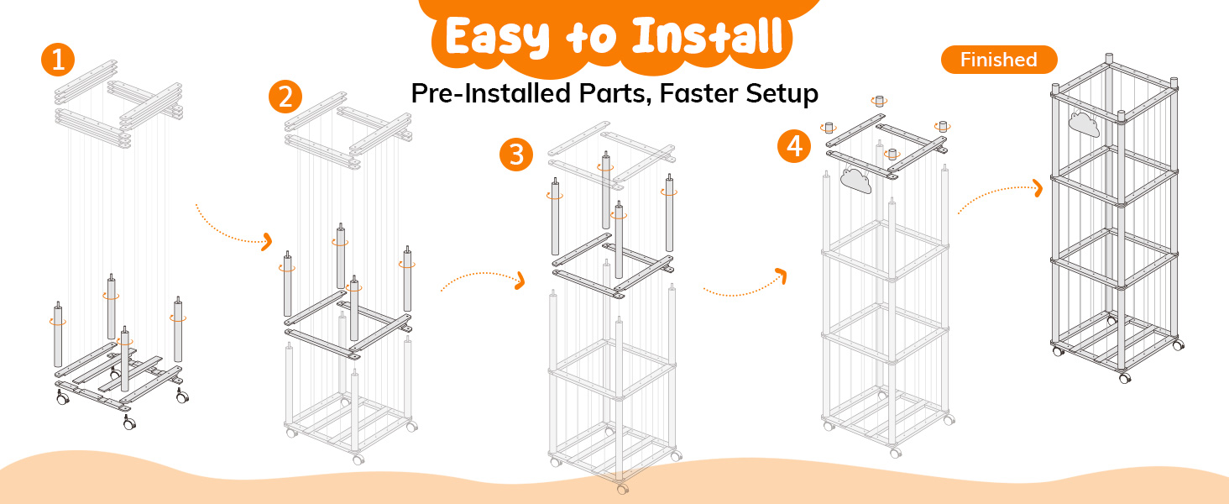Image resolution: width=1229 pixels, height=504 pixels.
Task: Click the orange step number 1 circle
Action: pos(58,60)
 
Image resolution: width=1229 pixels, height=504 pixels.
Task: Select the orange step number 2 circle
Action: pos(285,97)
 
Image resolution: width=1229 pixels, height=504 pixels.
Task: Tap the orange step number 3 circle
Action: pos(515,155)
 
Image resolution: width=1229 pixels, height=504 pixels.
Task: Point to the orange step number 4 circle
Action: pos(794,146)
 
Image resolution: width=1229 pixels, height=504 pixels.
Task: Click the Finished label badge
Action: pos(999,60)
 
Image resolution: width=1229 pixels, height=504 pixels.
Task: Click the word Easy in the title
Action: pos(497,37)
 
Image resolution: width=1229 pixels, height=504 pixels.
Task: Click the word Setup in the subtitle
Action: pos(782,94)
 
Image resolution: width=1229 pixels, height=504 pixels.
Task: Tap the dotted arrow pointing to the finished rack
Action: pos(1000,192)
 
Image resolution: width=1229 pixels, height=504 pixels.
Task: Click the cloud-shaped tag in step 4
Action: pos(855,181)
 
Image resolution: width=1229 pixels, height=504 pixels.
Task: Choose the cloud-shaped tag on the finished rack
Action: pos(1084,124)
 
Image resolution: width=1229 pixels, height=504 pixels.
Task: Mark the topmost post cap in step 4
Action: pos(879,101)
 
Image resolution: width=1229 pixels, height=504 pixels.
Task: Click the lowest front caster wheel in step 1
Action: pos(129,423)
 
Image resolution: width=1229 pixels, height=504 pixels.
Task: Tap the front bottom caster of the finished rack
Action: pos(1125,378)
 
